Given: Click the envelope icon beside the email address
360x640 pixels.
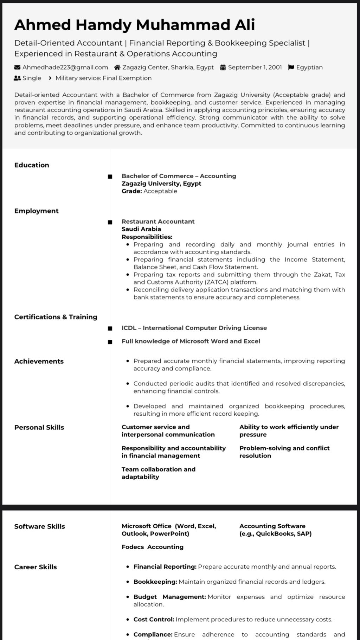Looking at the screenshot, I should pos(17,68).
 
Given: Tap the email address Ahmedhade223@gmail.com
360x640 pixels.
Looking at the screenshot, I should pos(65,68).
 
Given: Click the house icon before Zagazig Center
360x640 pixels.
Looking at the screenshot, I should pos(117,68).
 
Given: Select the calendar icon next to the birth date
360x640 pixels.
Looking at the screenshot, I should pos(223,68).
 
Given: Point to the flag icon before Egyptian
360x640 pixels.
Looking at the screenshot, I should pos(291,68).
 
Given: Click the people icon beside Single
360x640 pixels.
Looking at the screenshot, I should pos(17,78).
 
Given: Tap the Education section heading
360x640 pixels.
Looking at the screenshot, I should pos(32,165).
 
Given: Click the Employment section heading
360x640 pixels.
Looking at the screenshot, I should pos(36,211).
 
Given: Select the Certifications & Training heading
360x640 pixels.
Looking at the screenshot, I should pos(56,317).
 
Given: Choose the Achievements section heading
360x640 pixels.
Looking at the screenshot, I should pos(39,361).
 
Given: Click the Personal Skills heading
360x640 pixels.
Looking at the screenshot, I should pos(39,428).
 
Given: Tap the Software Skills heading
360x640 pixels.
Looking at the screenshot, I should pos(39,527).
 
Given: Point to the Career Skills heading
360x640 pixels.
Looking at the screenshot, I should pos(36,567).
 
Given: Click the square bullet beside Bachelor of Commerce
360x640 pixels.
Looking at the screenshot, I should pos(110,177).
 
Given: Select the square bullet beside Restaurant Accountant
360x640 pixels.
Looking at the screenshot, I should pos(110,222).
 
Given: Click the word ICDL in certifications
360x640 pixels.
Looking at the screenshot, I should pos(129,328).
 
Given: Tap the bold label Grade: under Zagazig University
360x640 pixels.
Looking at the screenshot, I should pos(132,191).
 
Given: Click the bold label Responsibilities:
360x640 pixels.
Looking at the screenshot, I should pos(147,237).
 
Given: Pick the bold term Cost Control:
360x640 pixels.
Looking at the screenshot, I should pos(154,620).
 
